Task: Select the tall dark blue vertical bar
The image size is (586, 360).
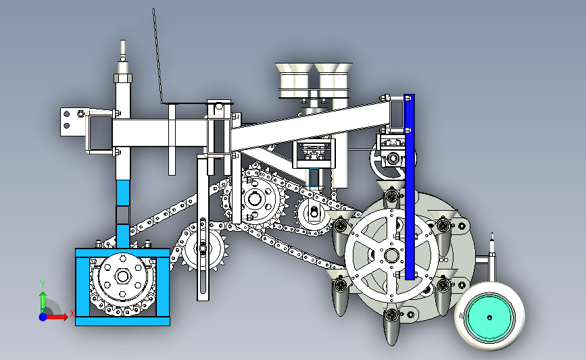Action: tap(410, 186)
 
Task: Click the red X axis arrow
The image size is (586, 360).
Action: tap(56, 317)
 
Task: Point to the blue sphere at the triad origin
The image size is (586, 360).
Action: tap(43, 317)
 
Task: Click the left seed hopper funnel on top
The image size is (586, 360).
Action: tap(294, 80)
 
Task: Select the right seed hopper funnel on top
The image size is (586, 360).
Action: tap(333, 80)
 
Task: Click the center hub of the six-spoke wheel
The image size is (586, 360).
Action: tap(391, 256)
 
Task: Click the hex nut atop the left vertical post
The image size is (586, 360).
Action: tap(123, 78)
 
